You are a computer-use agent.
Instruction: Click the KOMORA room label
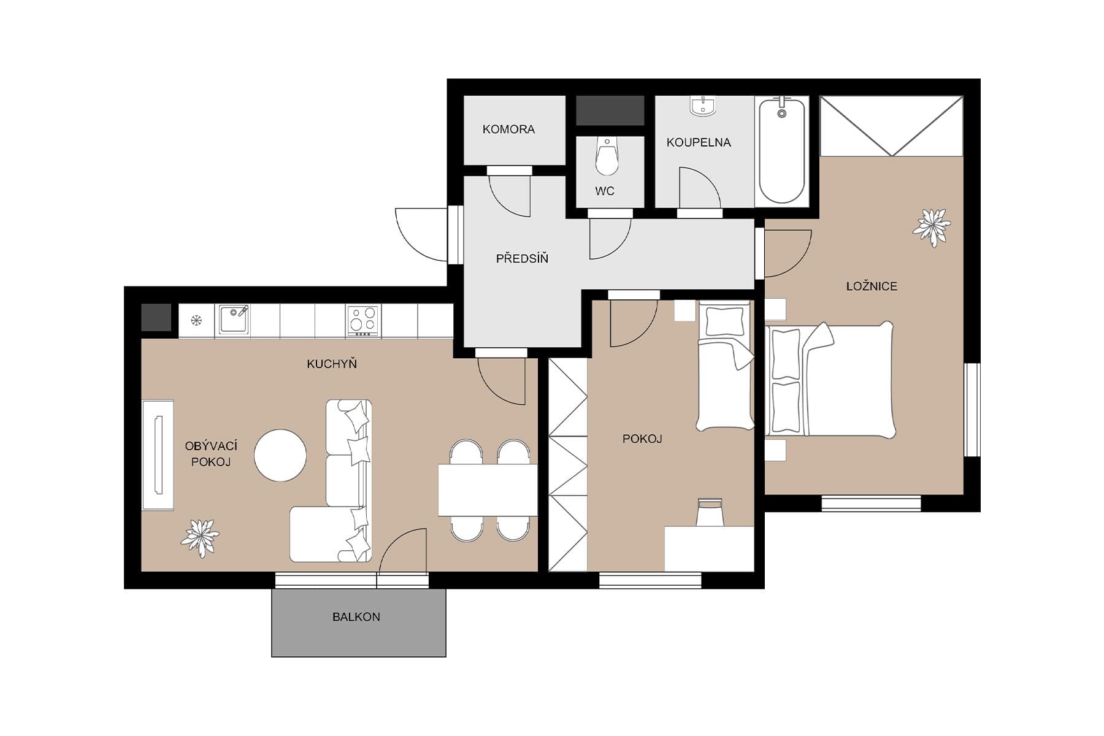click(508, 129)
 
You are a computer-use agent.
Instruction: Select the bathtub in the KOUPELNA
click(781, 150)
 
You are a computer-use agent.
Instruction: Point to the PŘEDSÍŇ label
click(522, 259)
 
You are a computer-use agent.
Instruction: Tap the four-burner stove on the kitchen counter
click(362, 320)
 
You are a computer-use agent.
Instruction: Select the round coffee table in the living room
click(280, 455)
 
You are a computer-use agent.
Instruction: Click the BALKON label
click(356, 617)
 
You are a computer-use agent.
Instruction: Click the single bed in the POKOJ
click(725, 368)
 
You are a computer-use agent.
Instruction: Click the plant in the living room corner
click(200, 537)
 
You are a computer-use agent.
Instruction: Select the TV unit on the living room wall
click(158, 454)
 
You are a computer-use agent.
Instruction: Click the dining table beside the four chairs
click(488, 489)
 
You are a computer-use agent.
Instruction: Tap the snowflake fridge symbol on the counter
click(196, 320)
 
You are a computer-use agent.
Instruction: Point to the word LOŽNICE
click(872, 286)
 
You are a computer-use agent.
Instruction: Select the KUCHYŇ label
click(332, 364)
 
